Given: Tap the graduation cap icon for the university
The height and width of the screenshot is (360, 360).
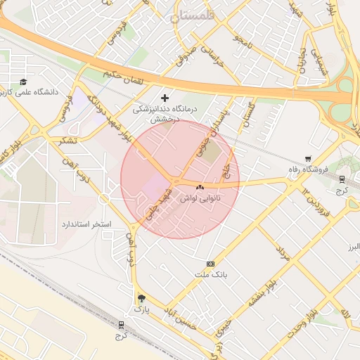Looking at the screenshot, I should tap(24, 82).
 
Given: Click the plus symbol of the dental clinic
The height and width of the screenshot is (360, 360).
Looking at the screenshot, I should tap(165, 98).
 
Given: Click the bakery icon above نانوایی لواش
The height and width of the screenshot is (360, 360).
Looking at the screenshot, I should tap(200, 188).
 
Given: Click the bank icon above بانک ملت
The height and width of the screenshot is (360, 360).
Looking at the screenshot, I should tap(210, 264).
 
